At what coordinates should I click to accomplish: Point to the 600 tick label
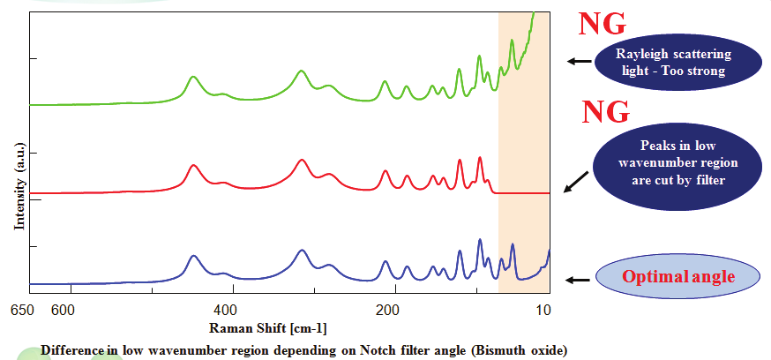coord(61,310)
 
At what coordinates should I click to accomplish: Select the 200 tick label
coord(387,310)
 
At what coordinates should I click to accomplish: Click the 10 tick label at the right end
coord(543,310)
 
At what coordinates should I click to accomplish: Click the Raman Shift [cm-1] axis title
coord(268,328)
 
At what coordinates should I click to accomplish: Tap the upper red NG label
coord(603,25)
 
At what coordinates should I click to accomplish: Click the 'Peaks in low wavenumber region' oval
coord(666,163)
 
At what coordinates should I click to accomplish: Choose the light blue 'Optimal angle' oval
coord(677,277)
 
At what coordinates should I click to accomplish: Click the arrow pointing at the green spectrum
coord(578,62)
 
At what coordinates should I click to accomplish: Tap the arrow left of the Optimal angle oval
coord(578,280)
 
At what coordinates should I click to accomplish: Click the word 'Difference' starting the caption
coord(73,349)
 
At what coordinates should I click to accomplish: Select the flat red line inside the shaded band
coord(524,192)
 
